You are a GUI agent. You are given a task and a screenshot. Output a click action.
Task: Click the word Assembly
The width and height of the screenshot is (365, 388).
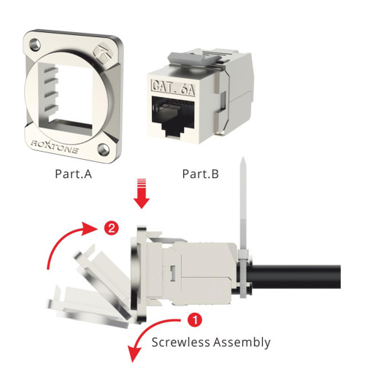click(245, 341)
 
